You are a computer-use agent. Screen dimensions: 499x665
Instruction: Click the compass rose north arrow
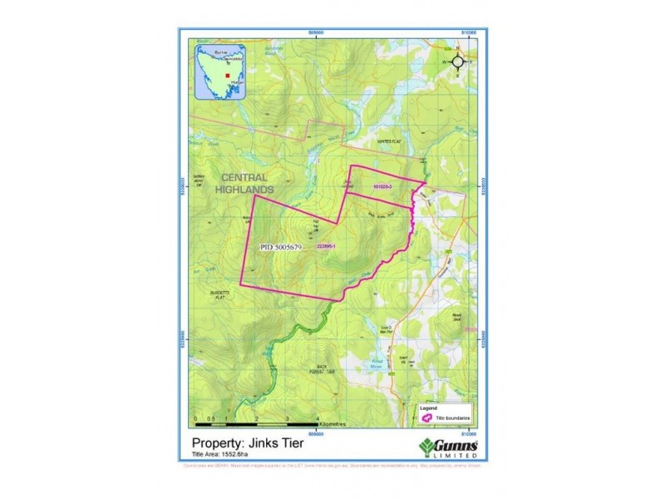click(x=458, y=61)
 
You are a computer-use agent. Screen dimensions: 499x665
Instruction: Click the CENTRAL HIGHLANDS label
click(x=243, y=183)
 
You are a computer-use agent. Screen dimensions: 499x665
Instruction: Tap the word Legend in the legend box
click(x=428, y=408)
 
